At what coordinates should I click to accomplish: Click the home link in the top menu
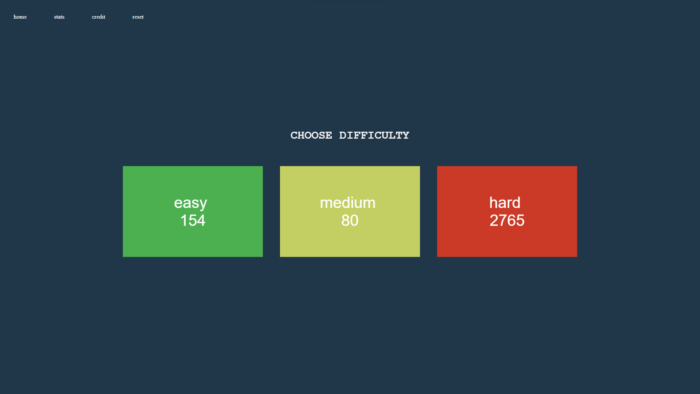(x=20, y=17)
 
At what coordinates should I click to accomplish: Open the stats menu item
(x=59, y=17)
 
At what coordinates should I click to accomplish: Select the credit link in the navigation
(x=98, y=17)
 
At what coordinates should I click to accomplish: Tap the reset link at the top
(x=138, y=17)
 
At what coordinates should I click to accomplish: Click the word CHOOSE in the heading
(x=311, y=135)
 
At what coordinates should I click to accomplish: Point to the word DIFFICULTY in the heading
(x=374, y=135)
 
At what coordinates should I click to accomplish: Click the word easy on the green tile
(x=190, y=203)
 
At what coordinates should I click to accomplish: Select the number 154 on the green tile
(x=193, y=220)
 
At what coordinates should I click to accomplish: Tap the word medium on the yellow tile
(x=347, y=203)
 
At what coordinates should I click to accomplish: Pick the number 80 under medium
(x=350, y=220)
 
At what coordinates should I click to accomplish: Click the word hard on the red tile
(x=505, y=202)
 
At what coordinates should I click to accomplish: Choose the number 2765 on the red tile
(x=507, y=220)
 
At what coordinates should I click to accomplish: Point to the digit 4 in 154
(x=201, y=220)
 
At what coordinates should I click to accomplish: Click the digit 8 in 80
(x=346, y=220)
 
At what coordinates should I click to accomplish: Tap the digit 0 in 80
(x=354, y=220)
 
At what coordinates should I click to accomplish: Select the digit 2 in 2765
(x=494, y=220)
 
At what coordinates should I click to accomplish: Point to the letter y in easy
(x=203, y=205)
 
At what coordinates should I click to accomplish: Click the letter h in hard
(x=493, y=202)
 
